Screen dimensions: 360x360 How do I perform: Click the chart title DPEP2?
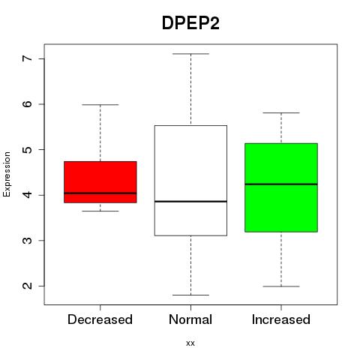pyautogui.click(x=190, y=23)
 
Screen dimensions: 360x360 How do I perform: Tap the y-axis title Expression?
pyautogui.click(x=7, y=174)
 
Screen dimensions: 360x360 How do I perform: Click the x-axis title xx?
pyautogui.click(x=190, y=343)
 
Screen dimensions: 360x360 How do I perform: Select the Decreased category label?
pyautogui.click(x=100, y=319)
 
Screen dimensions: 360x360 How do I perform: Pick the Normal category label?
pyautogui.click(x=190, y=319)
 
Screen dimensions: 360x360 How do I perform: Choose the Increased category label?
pyautogui.click(x=281, y=319)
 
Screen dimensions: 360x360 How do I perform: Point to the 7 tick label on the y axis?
pyautogui.click(x=27, y=58)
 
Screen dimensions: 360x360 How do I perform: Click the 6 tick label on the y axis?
pyautogui.click(x=27, y=104)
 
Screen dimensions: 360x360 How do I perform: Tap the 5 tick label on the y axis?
pyautogui.click(x=27, y=149)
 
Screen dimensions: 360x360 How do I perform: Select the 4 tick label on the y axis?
pyautogui.click(x=27, y=195)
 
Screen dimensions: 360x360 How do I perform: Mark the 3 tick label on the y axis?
pyautogui.click(x=27, y=240)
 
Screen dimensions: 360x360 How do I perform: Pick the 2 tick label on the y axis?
pyautogui.click(x=27, y=286)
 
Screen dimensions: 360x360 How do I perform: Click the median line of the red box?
pyautogui.click(x=100, y=193)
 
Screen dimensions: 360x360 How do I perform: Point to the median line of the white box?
pyautogui.click(x=190, y=201)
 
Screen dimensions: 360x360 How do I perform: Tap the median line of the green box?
pyautogui.click(x=281, y=184)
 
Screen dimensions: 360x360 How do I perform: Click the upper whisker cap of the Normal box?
pyautogui.click(x=190, y=54)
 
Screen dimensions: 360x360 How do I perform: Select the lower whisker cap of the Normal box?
pyautogui.click(x=190, y=295)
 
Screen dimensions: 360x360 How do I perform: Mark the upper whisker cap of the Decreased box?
pyautogui.click(x=100, y=104)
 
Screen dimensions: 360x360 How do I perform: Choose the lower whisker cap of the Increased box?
pyautogui.click(x=281, y=286)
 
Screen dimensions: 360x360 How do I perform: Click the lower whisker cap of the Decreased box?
pyautogui.click(x=100, y=211)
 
